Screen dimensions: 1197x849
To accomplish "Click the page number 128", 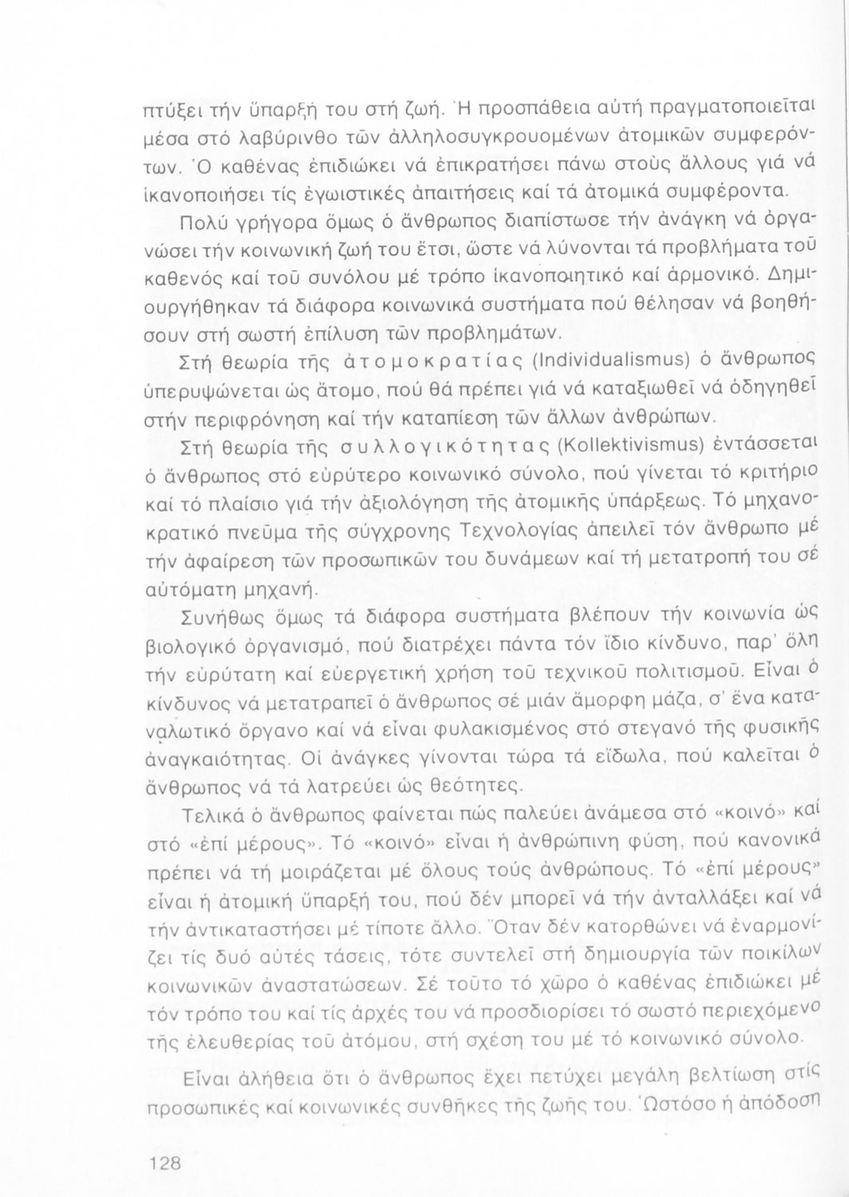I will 166,1163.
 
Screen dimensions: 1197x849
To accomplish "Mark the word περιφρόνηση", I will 247,417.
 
